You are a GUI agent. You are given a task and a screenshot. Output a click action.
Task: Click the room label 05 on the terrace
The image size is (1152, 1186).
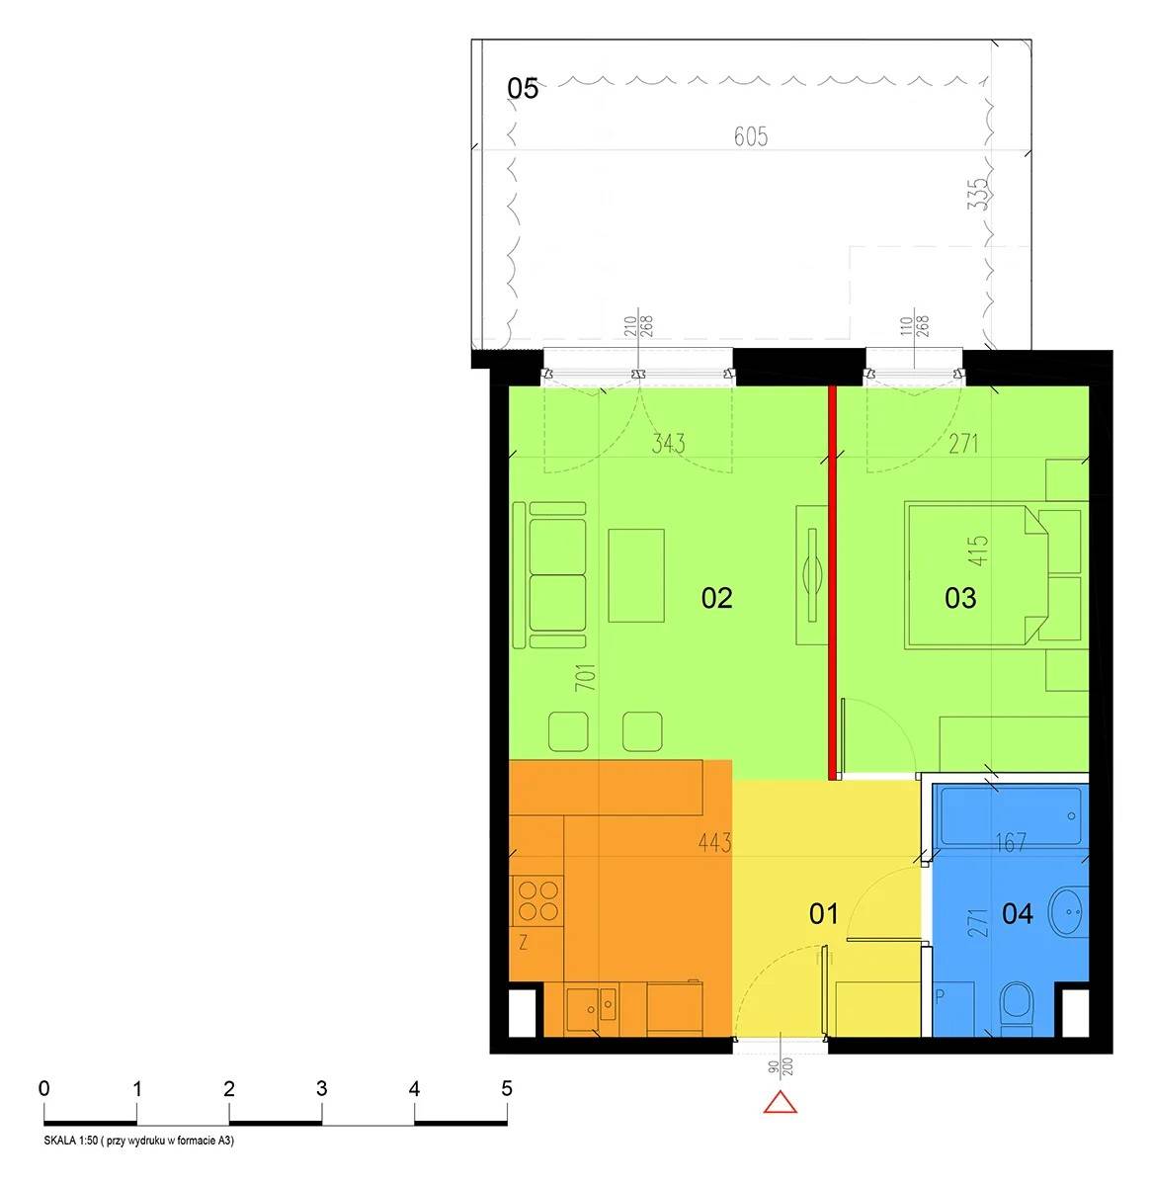523,88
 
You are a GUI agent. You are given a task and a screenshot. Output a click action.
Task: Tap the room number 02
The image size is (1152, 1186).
716,598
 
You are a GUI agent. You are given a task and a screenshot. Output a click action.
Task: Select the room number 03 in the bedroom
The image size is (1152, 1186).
960,598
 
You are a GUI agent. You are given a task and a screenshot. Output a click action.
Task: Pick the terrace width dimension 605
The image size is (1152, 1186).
751,136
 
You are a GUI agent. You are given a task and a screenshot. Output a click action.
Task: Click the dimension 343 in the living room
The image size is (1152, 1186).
668,443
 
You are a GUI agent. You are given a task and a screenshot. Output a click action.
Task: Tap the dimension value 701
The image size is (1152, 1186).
586,677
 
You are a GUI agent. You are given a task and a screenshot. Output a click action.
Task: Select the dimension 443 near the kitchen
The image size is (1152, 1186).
714,843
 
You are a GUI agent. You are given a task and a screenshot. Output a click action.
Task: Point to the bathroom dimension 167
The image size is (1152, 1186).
1011,843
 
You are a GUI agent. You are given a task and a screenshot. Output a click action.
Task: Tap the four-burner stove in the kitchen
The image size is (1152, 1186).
537,901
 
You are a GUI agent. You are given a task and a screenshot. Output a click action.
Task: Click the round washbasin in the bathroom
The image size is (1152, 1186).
1067,913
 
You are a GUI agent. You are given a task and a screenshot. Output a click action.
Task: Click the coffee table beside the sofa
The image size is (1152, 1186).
635,575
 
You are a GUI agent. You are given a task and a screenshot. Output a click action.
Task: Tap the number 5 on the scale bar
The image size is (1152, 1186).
506,1088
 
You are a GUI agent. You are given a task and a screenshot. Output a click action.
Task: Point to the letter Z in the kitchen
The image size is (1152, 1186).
523,944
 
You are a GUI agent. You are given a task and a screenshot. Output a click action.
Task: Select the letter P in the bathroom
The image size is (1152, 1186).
940,997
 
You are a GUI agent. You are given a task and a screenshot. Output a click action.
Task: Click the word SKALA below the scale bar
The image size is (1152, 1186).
58,1141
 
